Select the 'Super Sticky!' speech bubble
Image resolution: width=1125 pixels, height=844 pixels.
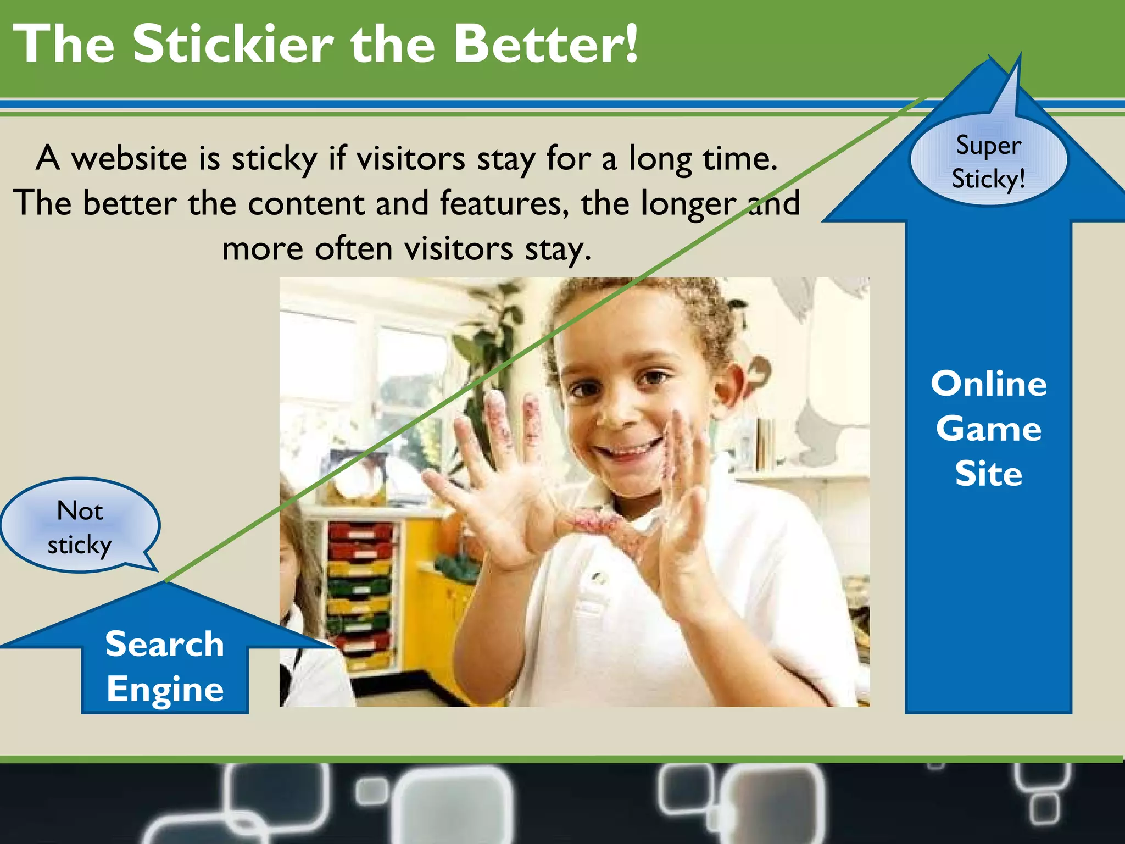pyautogui.click(x=989, y=161)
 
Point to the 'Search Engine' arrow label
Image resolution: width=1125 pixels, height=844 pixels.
pyautogui.click(x=165, y=666)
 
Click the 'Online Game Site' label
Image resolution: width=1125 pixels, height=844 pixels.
pyautogui.click(x=989, y=428)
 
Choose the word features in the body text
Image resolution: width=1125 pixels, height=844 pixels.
pyautogui.click(x=504, y=204)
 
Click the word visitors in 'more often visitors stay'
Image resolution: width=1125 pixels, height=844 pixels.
pyautogui.click(x=459, y=249)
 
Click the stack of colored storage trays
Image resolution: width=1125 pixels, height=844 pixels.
pyautogui.click(x=360, y=593)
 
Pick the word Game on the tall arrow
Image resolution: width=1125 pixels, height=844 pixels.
pyautogui.click(x=989, y=429)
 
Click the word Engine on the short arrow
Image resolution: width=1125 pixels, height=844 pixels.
pyautogui.click(x=165, y=689)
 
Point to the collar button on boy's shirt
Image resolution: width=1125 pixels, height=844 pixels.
pyautogui.click(x=600, y=577)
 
